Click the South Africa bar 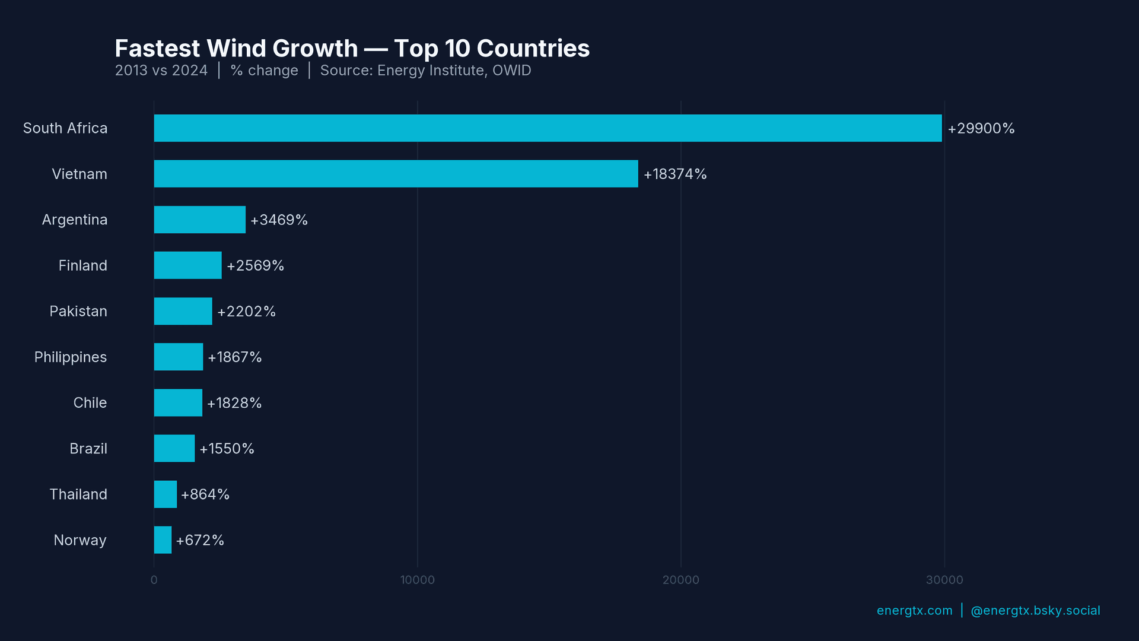tap(548, 128)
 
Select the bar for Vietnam tap(396, 174)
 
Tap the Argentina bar tap(199, 220)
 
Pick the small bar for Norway tap(163, 540)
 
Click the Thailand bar tap(166, 494)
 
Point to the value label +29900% tap(981, 129)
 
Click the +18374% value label tap(675, 174)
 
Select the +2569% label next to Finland tap(255, 266)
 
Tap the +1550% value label tap(227, 449)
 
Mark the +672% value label tap(200, 541)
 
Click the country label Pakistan tap(78, 312)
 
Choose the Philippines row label tap(71, 357)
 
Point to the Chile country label tap(90, 403)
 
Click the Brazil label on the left tap(88, 449)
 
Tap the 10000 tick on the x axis tap(417, 580)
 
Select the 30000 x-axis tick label tap(944, 580)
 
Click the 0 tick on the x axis tap(154, 580)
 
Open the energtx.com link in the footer tap(914, 611)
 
